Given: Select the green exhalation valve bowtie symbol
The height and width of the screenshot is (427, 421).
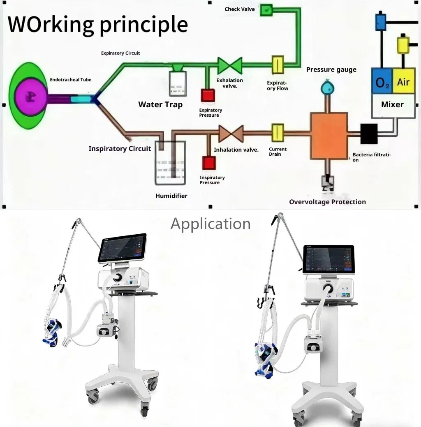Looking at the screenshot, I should coord(230,65).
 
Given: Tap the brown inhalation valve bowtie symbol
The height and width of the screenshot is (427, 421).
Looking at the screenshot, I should coord(231,134).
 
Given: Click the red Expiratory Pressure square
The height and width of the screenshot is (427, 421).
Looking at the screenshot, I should coord(208,95).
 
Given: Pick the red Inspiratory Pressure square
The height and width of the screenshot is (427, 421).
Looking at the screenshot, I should coord(208,163).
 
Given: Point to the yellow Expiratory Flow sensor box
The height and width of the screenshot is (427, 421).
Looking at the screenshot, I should coord(278,65).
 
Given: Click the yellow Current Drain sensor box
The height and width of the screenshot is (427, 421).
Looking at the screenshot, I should coord(278,133).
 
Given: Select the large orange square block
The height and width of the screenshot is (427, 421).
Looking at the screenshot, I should coord(329,136).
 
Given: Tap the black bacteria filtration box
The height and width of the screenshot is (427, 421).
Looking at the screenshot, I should coord(369,134).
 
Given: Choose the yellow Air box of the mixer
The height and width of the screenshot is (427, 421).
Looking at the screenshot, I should coord(403,82).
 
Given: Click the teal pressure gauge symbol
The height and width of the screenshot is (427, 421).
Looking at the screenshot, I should coord(328,87).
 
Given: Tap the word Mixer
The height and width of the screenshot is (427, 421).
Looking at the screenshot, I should coord(392,104).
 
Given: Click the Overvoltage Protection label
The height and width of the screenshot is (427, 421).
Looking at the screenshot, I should coord(327,202).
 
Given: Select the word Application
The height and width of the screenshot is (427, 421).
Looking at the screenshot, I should coord(210,224).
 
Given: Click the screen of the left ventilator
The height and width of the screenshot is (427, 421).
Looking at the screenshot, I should coord(122,247).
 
